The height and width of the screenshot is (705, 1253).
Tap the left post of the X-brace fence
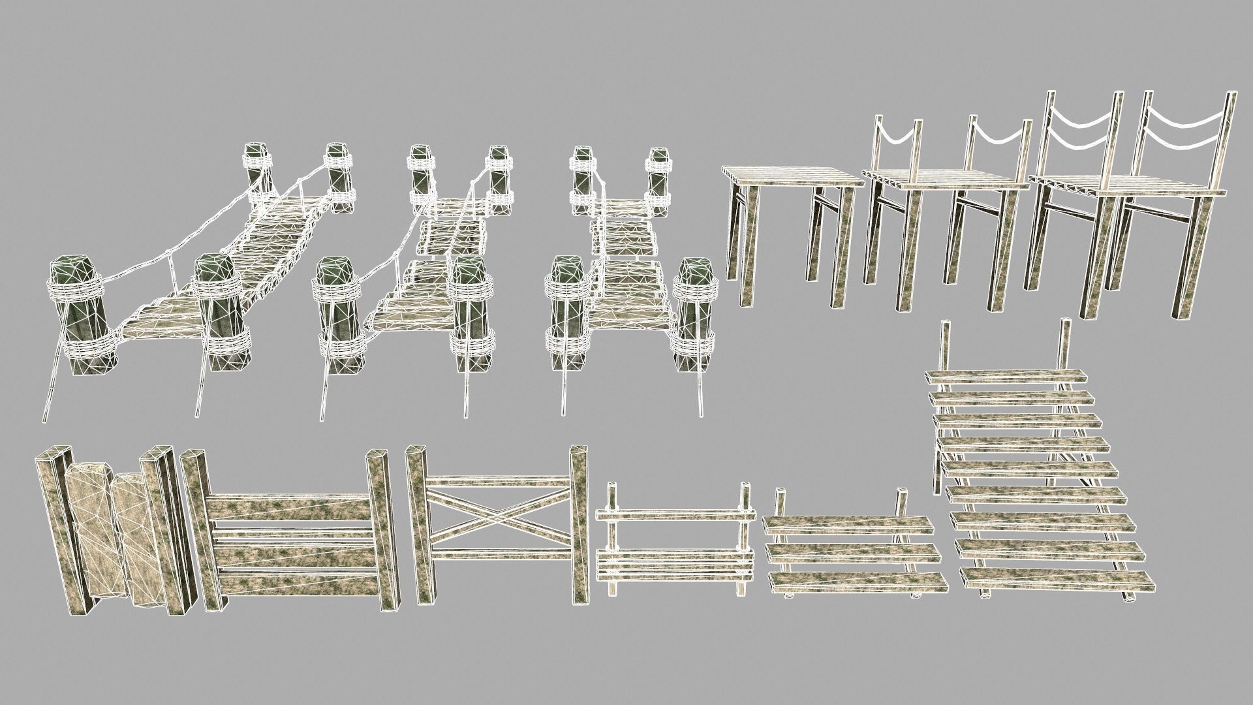tap(418, 522)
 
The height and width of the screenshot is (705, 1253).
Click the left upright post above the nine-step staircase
tap(944, 346)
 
